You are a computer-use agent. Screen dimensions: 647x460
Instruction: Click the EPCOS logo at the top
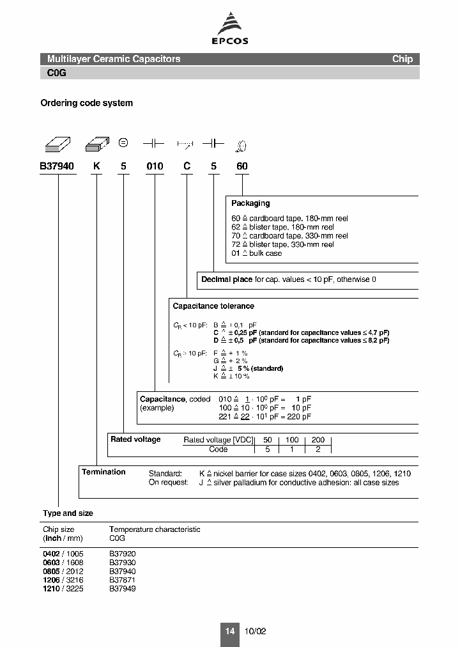pyautogui.click(x=230, y=28)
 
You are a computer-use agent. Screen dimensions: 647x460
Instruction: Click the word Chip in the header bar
pyautogui.click(x=402, y=59)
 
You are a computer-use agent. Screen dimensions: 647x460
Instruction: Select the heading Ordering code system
pyautogui.click(x=86, y=103)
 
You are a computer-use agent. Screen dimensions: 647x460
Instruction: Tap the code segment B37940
pyautogui.click(x=57, y=166)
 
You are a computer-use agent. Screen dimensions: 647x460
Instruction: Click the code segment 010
pyautogui.click(x=155, y=166)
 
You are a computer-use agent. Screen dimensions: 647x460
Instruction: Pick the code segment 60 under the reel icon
pyautogui.click(x=241, y=166)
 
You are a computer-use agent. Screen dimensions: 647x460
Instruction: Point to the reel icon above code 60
pyautogui.click(x=241, y=146)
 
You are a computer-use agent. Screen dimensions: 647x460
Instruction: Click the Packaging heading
pyautogui.click(x=250, y=203)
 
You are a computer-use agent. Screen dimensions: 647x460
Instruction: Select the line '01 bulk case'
pyautogui.click(x=256, y=253)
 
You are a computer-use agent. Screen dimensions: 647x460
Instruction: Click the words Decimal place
pyautogui.click(x=227, y=279)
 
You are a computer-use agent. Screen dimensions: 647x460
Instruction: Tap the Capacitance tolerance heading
pyautogui.click(x=213, y=306)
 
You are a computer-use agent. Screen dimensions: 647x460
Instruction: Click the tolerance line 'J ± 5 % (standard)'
pyautogui.click(x=248, y=368)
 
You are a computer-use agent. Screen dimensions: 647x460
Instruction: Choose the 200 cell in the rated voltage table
pyautogui.click(x=318, y=440)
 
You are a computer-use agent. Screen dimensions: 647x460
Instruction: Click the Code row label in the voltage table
pyautogui.click(x=218, y=449)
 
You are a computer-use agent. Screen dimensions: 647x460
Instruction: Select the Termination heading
pyautogui.click(x=103, y=472)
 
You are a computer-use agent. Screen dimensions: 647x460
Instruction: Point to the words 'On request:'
pyautogui.click(x=169, y=483)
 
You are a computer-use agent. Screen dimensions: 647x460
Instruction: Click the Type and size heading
pyautogui.click(x=68, y=513)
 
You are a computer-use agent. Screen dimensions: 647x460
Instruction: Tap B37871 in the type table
pyautogui.click(x=123, y=580)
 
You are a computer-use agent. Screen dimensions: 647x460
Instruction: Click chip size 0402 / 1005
pyautogui.click(x=63, y=553)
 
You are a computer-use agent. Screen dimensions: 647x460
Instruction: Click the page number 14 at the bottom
pyautogui.click(x=230, y=631)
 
